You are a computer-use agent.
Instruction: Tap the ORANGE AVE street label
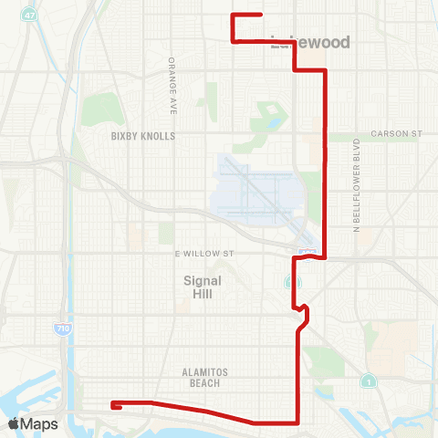pos(171,86)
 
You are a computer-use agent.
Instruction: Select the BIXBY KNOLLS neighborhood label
pos(142,136)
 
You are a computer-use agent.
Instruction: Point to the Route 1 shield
pos(367,379)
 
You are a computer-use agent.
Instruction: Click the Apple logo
pos(14,423)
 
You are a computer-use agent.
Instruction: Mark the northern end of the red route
pos(262,15)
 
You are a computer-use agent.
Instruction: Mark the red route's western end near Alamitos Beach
pos(112,404)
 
